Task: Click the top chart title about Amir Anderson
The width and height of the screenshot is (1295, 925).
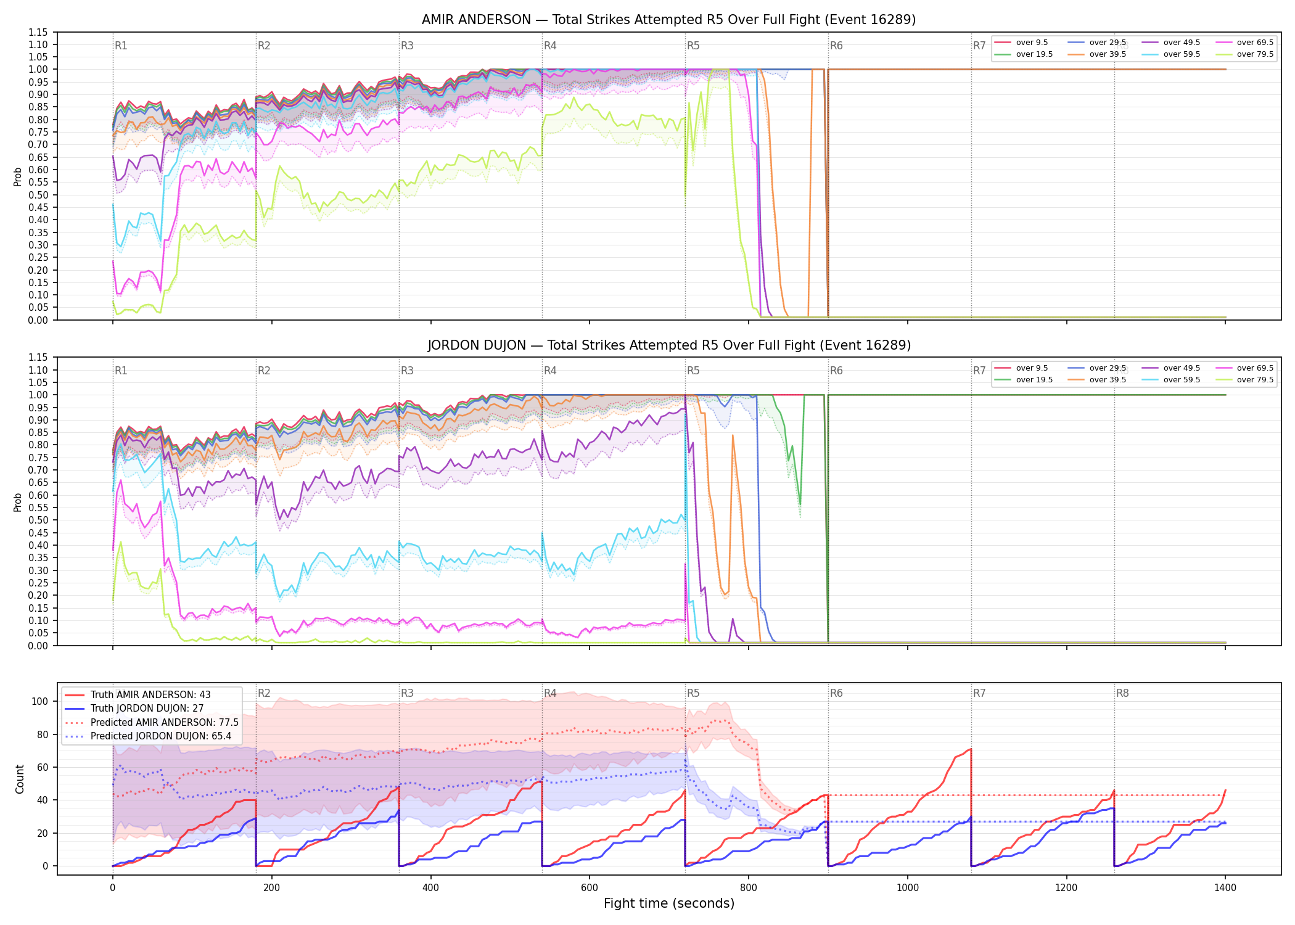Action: (668, 20)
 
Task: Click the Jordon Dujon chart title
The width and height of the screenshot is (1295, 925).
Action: (668, 345)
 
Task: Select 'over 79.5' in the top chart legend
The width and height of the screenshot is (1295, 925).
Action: (1255, 54)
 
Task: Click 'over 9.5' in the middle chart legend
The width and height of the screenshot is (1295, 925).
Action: (1032, 368)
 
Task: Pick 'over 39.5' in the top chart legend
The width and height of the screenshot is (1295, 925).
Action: (1108, 54)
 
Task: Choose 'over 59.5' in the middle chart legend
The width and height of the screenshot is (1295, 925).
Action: (1182, 380)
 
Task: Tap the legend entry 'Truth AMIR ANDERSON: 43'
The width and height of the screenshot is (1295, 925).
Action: (150, 695)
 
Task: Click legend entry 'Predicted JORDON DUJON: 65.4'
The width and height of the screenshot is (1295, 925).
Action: (161, 736)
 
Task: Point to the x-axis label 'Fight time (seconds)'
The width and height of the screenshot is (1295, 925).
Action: (669, 903)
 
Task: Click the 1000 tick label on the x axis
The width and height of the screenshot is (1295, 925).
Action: (907, 888)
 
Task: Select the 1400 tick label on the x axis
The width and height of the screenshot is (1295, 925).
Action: (1225, 888)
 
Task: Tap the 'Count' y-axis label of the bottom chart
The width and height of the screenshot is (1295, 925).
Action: (20, 779)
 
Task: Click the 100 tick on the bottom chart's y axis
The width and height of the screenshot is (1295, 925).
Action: (40, 701)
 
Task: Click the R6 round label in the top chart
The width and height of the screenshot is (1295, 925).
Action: (836, 46)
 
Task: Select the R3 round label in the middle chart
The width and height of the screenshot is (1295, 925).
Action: (407, 371)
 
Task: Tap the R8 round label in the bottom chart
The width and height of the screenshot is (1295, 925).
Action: (1122, 693)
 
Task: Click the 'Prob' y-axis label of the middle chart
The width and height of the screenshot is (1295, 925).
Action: (18, 502)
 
